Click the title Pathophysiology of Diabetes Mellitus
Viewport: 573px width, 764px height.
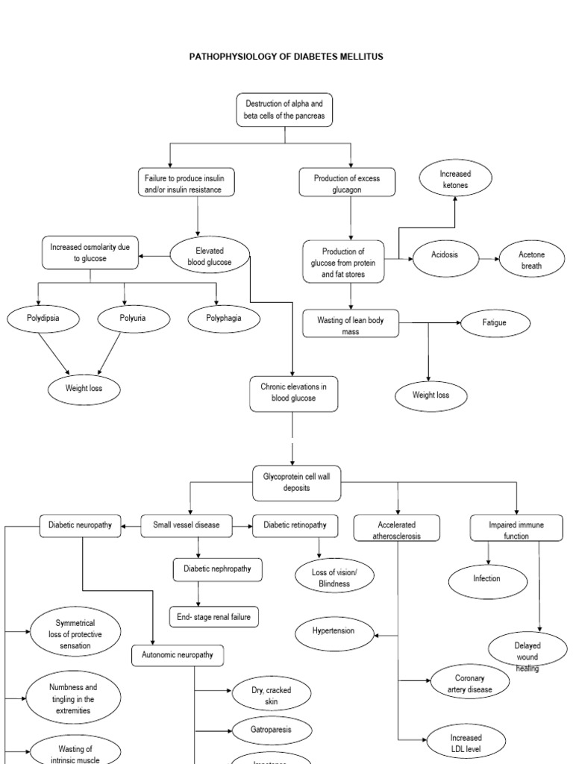pos(286,57)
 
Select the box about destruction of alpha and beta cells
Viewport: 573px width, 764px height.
pos(284,110)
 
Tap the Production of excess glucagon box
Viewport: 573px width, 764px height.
pos(347,182)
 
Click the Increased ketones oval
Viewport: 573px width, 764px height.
pos(455,179)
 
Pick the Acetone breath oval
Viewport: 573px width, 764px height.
pos(531,260)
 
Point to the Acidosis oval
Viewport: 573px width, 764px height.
pos(445,255)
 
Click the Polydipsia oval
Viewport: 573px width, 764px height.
pos(43,319)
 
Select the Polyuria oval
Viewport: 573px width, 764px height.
pos(132,319)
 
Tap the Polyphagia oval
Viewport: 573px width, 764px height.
pos(224,319)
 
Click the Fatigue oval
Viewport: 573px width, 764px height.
pos(495,322)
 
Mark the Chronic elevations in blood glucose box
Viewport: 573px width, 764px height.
pos(293,392)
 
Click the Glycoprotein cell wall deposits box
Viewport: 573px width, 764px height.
pos(292,482)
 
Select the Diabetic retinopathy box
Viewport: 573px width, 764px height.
pos(295,525)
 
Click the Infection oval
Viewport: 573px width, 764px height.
pos(486,579)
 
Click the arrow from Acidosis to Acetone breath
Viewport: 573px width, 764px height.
pos(489,260)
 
